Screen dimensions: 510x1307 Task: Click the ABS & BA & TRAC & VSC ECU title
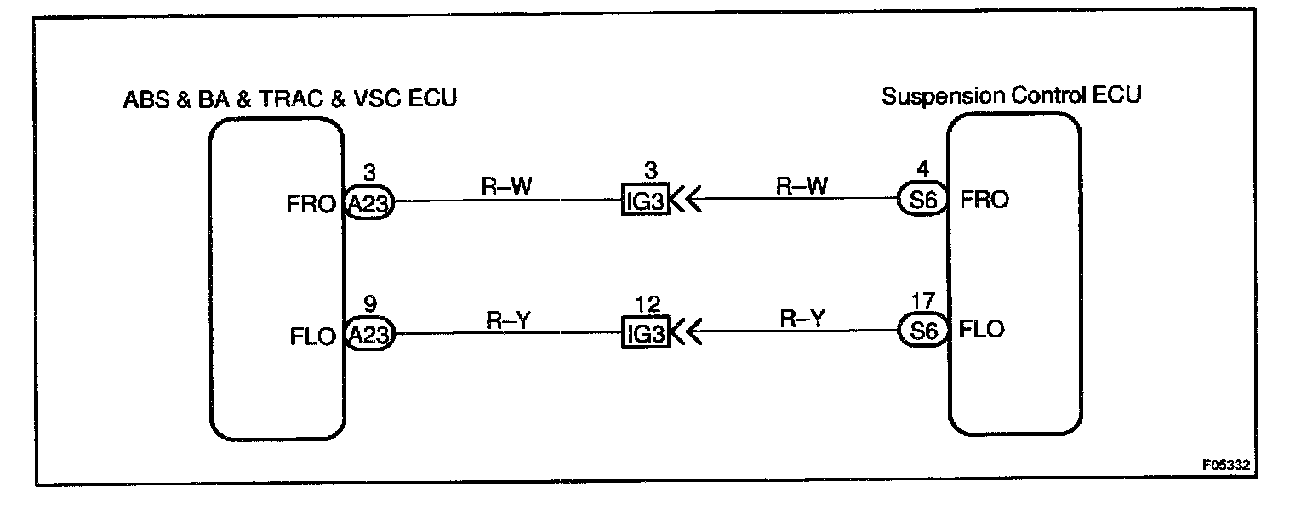pos(291,99)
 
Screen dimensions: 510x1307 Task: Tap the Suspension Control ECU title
pos(1011,95)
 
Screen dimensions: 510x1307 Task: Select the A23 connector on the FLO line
pos(368,334)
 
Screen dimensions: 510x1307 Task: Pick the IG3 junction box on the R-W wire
pos(645,202)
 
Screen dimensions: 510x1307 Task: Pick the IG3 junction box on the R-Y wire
pos(645,333)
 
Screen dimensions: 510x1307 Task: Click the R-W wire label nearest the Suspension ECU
pos(800,185)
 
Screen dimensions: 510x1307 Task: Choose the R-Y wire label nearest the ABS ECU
pos(508,319)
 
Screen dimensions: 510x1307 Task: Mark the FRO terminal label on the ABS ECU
pos(311,205)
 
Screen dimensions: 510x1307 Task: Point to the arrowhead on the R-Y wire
pos(688,333)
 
